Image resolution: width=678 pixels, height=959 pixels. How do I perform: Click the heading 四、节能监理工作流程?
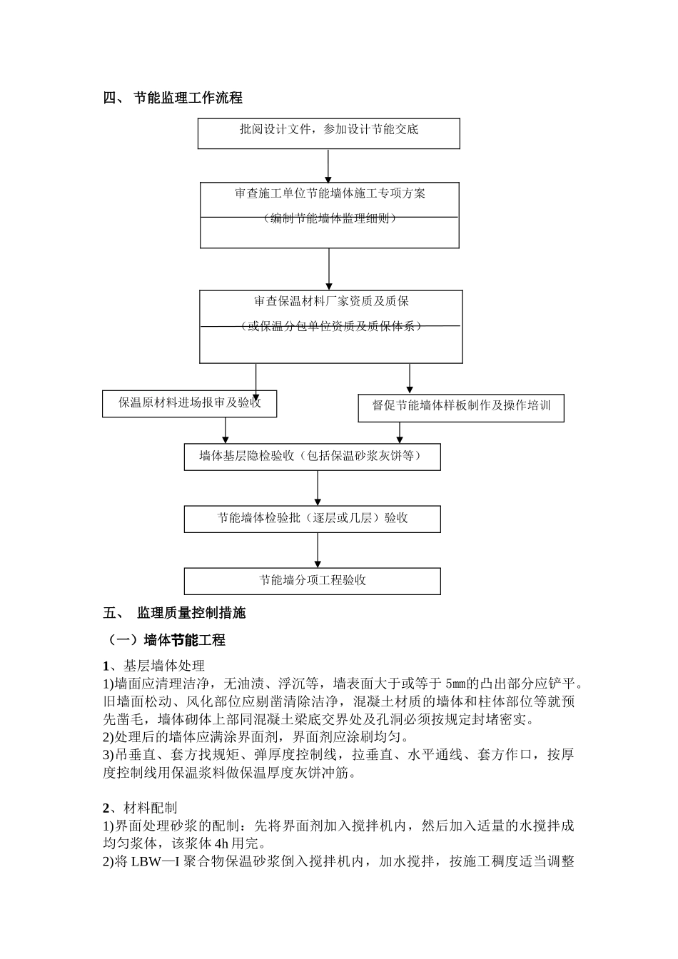[x=173, y=98]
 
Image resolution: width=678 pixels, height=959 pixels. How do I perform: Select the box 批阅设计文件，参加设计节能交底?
[x=328, y=133]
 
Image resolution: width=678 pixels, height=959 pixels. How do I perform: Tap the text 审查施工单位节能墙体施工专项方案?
[x=329, y=193]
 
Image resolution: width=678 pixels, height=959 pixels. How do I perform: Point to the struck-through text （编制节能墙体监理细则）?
[x=329, y=218]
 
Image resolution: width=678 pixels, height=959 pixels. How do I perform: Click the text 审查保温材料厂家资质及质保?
[x=330, y=301]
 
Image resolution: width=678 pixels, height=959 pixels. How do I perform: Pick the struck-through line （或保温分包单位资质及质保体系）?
[x=330, y=326]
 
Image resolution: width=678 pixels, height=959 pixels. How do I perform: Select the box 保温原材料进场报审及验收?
[x=189, y=403]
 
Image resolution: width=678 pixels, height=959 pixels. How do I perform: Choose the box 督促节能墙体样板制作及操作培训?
[x=460, y=406]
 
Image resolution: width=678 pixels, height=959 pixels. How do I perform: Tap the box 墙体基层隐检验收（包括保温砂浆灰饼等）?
[x=312, y=457]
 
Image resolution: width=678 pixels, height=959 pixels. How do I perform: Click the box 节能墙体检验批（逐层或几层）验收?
[x=312, y=519]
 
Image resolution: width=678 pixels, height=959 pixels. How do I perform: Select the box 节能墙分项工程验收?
[x=312, y=581]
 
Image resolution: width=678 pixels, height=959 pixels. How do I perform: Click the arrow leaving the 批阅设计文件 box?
[x=328, y=166]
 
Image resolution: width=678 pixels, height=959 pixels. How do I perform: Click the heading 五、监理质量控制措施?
[x=174, y=613]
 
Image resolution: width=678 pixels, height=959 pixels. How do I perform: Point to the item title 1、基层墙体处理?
[x=153, y=666]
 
